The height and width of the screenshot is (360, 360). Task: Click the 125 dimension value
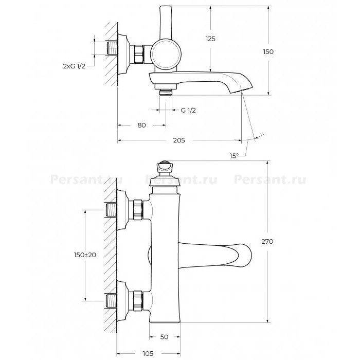pyautogui.click(x=210, y=39)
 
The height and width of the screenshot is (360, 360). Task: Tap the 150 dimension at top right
pyautogui.click(x=268, y=51)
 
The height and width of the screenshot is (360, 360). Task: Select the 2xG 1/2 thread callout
pyautogui.click(x=74, y=66)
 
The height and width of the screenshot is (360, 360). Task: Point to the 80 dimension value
pyautogui.click(x=141, y=125)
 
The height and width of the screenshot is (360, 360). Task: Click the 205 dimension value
pyautogui.click(x=179, y=140)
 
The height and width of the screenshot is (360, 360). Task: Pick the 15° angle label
pyautogui.click(x=234, y=156)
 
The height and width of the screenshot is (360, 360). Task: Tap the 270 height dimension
pyautogui.click(x=267, y=241)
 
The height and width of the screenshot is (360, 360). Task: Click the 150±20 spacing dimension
pyautogui.click(x=85, y=255)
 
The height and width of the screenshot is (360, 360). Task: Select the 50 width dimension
pyautogui.click(x=164, y=337)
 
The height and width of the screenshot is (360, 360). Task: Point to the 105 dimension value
pyautogui.click(x=148, y=353)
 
